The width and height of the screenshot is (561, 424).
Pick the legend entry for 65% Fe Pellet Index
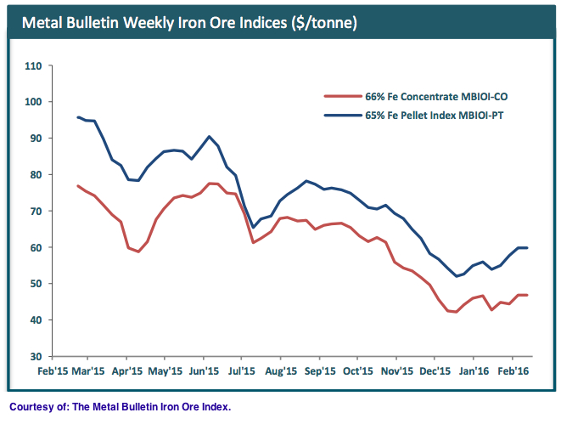[x=418, y=115]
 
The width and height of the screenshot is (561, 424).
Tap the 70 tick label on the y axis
[x=35, y=211]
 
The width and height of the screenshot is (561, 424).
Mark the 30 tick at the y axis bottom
[x=35, y=356]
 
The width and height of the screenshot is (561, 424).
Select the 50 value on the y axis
[x=35, y=284]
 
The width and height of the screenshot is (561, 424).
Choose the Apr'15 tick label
[x=126, y=371]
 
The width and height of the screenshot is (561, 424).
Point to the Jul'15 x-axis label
[x=243, y=371]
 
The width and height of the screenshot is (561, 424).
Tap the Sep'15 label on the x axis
[x=319, y=371]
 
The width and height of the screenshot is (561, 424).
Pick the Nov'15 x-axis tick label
[x=396, y=371]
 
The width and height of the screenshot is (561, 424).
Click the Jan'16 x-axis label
[x=474, y=371]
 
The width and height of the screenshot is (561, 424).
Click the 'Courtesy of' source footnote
[x=120, y=407]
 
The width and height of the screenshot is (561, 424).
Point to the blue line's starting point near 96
[x=78, y=117]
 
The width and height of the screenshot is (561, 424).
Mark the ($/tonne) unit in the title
[x=319, y=22]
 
